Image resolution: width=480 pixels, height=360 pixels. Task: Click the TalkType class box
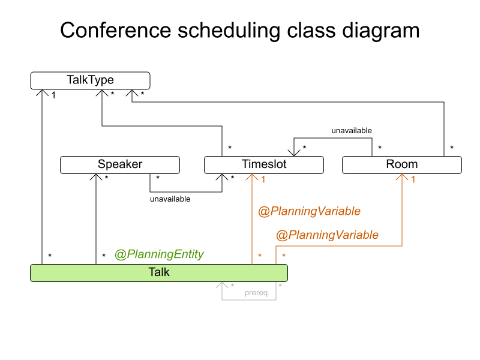tap(90, 80)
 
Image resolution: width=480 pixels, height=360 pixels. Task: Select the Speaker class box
tap(120, 164)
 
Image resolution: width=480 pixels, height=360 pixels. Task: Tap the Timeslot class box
tap(264, 164)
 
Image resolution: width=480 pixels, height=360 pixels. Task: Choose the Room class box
tap(402, 164)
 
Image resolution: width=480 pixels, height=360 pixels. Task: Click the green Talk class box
tap(159, 272)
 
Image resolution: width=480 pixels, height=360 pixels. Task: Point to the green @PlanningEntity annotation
tap(159, 254)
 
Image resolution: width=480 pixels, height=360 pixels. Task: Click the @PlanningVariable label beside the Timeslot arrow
tap(309, 211)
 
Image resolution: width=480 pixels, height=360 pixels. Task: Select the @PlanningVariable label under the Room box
tap(327, 235)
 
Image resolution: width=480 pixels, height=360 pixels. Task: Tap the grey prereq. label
tap(256, 293)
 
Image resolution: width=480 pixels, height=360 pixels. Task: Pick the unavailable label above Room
tap(352, 130)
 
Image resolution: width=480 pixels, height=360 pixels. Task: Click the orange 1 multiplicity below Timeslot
tap(263, 179)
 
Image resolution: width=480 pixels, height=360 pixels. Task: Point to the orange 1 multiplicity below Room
tap(413, 179)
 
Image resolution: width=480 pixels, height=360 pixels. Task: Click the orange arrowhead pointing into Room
tap(402, 177)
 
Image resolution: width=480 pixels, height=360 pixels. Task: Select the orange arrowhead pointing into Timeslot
tap(252, 177)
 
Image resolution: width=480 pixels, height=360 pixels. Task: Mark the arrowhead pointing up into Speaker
tap(96, 177)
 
